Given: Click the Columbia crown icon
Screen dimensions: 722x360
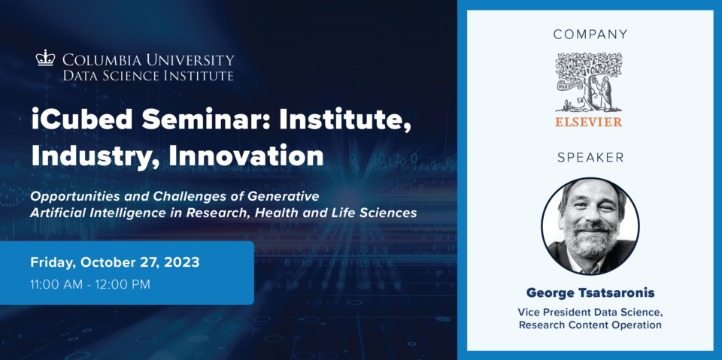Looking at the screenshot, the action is (45, 59).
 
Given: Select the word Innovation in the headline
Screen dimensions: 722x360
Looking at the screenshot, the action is (246, 156).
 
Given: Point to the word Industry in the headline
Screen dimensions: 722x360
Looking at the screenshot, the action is (96, 157).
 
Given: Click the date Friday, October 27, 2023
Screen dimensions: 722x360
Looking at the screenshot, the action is (115, 263).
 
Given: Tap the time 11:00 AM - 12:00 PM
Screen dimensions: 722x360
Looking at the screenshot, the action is (90, 285).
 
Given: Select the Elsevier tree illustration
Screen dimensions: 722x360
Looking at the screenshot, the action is (589, 83).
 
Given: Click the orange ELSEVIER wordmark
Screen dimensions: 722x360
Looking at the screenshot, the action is (589, 122).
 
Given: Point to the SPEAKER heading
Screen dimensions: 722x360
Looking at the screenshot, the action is (590, 158).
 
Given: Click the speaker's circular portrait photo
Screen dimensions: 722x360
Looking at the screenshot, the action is (590, 226).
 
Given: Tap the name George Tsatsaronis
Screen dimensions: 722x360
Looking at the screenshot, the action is (590, 293).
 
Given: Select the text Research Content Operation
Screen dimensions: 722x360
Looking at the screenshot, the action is (590, 325).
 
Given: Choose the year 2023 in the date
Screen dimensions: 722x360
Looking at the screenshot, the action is (181, 262).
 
